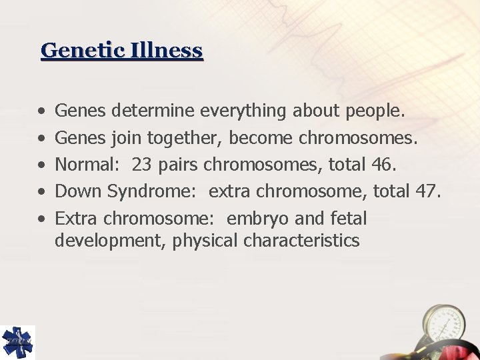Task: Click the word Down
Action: pos(78,192)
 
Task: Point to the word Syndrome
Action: pos(153,192)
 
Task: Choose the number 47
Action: pos(427,192)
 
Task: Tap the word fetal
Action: pos(347,219)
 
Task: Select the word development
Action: pos(111,241)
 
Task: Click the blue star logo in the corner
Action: pos(17,341)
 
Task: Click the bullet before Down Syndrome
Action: pos(41,192)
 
